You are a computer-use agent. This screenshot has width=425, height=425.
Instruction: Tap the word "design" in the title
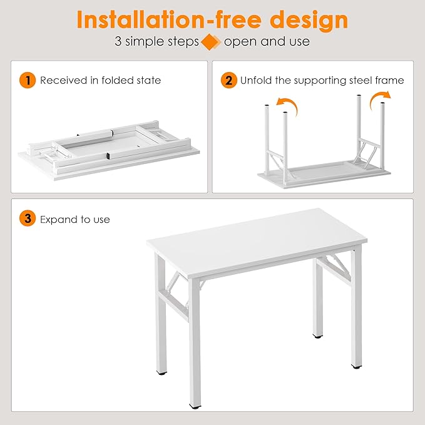coord(311,20)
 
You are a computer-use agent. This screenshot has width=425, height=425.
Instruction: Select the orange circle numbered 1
coord(27,80)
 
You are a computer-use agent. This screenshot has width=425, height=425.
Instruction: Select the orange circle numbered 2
coord(228,80)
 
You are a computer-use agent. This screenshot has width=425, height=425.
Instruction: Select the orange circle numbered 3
coord(27,219)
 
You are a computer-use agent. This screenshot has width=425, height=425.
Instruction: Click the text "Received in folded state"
coord(100,80)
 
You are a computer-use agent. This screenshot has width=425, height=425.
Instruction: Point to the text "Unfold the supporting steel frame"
coord(322,80)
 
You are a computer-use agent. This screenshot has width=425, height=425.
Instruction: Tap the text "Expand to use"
coord(75,220)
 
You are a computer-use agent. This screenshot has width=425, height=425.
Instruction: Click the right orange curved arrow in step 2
coord(379,98)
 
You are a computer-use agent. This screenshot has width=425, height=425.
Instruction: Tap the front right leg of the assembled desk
coord(356,313)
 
